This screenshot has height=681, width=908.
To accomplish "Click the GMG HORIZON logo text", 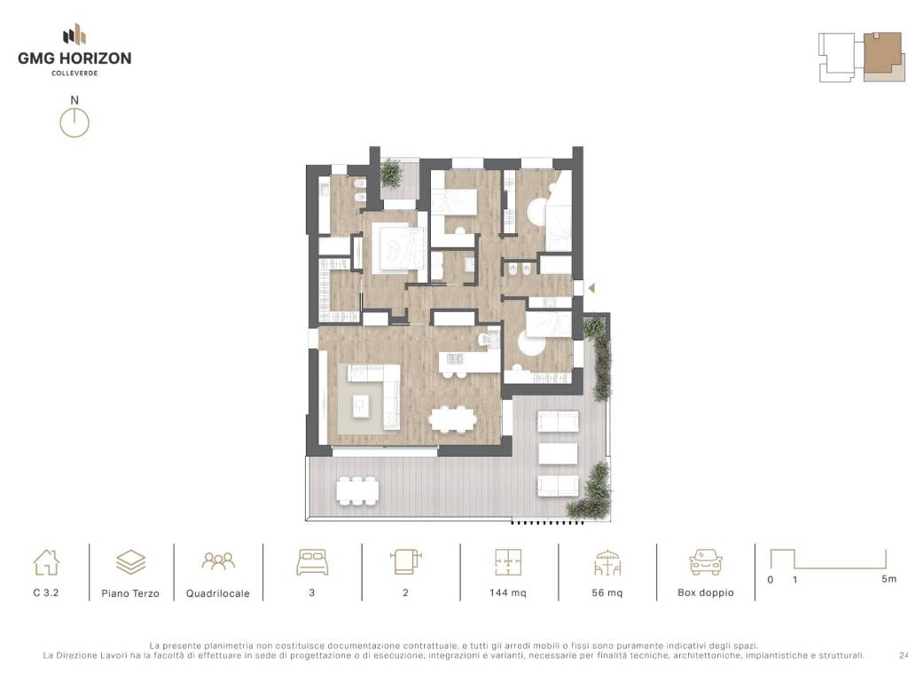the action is click(x=74, y=59).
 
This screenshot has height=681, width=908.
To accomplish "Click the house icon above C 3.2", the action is click(x=46, y=562).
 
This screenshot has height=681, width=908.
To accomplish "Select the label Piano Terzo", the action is click(x=130, y=593).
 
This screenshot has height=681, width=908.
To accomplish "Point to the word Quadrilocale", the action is click(x=218, y=593).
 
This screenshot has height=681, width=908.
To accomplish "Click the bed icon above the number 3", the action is click(x=312, y=562).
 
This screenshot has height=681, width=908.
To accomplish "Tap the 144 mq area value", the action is click(x=508, y=593).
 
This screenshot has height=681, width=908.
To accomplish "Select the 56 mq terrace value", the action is click(x=607, y=593).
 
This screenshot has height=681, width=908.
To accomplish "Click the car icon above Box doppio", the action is click(x=705, y=561).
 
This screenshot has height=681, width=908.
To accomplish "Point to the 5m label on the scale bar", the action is click(x=888, y=579).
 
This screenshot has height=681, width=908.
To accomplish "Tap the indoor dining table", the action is click(x=452, y=419).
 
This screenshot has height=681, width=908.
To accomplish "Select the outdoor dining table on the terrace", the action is click(x=357, y=490).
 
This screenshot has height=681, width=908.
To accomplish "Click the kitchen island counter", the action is click(x=469, y=362).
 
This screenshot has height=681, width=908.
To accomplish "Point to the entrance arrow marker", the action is click(x=591, y=288).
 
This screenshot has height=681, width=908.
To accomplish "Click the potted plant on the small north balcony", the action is click(x=391, y=173).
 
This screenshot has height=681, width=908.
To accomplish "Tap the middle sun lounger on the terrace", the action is click(x=558, y=453).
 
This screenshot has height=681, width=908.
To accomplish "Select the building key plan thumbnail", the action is click(x=861, y=57).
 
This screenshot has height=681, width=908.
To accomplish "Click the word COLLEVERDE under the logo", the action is click(x=74, y=74).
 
